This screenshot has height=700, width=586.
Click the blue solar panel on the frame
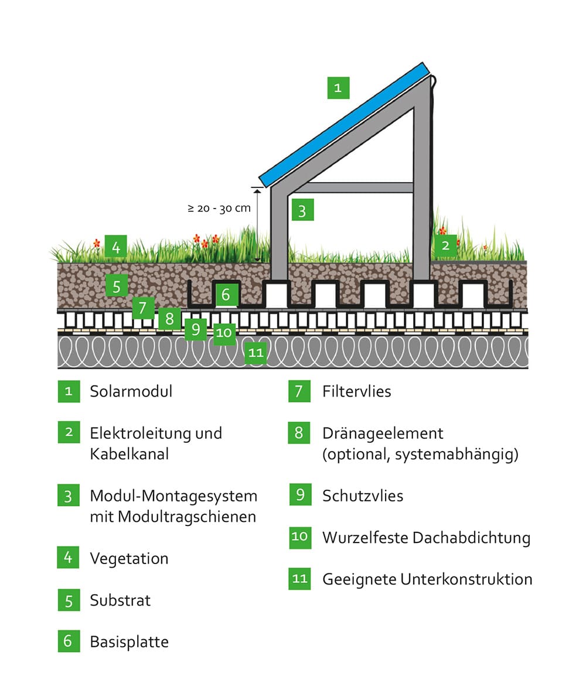point(345,125)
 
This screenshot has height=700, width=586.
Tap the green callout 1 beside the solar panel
point(338,88)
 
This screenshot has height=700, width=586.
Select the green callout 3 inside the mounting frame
point(302,210)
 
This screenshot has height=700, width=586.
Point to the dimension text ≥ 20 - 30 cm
point(219,208)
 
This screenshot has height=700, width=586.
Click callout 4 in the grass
point(116,247)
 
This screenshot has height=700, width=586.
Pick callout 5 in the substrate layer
point(117,286)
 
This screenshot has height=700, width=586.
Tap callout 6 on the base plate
point(226,295)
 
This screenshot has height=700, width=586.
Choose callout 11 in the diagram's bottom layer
point(256,353)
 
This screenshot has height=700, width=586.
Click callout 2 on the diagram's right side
point(445,245)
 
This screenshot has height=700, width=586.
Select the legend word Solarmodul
point(131,391)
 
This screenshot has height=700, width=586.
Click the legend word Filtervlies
point(356,391)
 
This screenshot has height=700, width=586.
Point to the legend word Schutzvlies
point(363,496)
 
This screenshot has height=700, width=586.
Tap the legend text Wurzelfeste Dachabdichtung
point(427,538)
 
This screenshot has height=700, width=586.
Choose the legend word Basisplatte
point(129,641)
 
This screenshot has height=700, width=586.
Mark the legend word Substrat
point(120,600)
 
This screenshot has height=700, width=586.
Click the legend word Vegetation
point(129,558)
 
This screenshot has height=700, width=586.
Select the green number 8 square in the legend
point(299,432)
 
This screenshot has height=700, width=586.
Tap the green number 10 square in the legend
point(299,537)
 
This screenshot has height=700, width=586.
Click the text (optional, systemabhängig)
point(420,455)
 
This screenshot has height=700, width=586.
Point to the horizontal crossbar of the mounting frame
point(351,188)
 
